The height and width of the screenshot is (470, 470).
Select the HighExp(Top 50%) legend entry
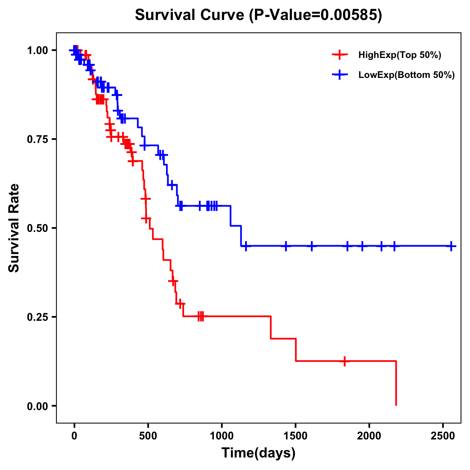point(399,55)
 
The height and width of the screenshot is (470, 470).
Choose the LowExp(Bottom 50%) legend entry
point(406,75)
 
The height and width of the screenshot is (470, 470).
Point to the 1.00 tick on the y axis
point(37,50)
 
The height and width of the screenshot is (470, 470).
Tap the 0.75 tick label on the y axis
point(37,139)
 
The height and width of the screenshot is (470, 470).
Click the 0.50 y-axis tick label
point(37,228)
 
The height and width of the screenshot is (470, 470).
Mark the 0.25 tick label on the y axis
point(37,317)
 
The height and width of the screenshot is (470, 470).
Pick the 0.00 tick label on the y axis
point(37,406)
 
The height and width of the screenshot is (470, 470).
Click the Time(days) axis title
point(258,453)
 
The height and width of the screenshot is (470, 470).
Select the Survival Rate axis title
point(14,228)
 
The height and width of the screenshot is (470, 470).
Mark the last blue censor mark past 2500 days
point(451,246)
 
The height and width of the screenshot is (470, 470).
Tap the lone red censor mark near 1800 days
point(345,361)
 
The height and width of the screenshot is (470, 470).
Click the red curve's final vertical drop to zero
point(396,384)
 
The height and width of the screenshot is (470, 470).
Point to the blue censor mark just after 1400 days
point(286,246)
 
